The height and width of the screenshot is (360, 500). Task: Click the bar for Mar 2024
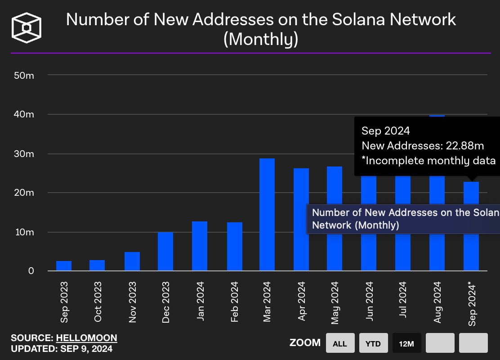(x=267, y=215)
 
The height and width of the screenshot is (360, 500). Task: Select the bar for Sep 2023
(x=64, y=266)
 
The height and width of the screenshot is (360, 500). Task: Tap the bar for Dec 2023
(x=165, y=251)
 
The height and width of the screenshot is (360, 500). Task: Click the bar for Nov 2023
(x=132, y=261)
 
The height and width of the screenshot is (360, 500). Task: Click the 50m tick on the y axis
(x=24, y=75)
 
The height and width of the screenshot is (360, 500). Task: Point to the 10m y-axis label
(x=24, y=232)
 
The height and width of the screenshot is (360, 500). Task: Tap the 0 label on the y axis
(x=31, y=271)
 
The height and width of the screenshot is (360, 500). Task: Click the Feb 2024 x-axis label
(x=234, y=302)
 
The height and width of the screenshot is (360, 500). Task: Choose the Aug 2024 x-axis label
(x=437, y=302)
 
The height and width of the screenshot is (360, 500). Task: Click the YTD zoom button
(x=373, y=343)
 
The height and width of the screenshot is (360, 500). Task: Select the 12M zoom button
(x=406, y=343)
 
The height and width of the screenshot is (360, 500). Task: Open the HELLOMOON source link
(x=86, y=338)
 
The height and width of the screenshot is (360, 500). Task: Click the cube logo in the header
(x=27, y=27)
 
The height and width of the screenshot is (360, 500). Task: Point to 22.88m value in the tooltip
(x=464, y=146)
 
